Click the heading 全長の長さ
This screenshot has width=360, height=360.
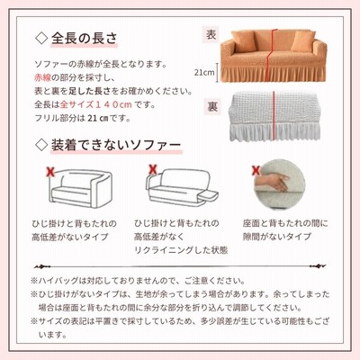(x=84, y=38)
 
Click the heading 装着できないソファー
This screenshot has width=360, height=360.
(x=116, y=145)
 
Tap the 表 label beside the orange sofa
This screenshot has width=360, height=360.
(x=211, y=34)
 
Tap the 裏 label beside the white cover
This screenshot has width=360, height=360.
(x=212, y=106)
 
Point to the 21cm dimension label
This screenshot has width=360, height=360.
(x=204, y=72)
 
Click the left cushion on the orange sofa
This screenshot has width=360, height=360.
(x=243, y=40)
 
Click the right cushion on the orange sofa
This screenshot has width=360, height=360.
(x=302, y=40)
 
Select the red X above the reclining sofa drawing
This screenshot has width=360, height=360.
(x=153, y=169)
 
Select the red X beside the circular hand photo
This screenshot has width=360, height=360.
(x=256, y=170)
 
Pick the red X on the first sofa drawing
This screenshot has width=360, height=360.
(x=50, y=172)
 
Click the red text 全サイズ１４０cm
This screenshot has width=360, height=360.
(x=96, y=104)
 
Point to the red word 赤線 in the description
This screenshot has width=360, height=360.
(x=43, y=78)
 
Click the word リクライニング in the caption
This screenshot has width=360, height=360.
(x=164, y=250)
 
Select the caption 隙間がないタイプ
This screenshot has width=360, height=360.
(x=277, y=237)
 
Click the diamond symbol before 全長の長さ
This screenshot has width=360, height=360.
(x=41, y=38)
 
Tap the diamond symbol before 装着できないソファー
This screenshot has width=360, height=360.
(x=41, y=145)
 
